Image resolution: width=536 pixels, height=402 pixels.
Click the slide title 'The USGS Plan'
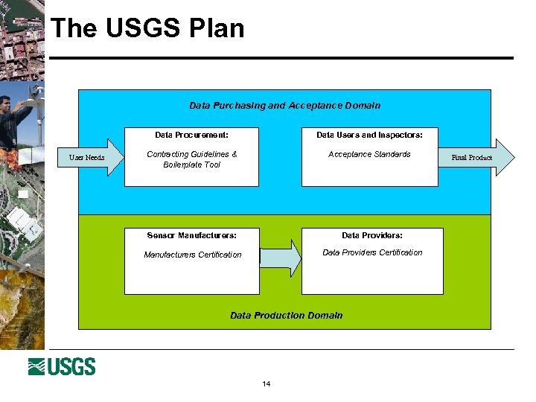coord(147,28)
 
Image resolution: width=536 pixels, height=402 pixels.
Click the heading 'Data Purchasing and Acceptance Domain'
coord(284,106)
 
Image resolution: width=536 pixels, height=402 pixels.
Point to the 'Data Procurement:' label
coord(191,135)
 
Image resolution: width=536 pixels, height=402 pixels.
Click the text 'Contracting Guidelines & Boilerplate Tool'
coord(191,159)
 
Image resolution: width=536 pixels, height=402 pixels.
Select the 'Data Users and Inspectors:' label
coord(369,135)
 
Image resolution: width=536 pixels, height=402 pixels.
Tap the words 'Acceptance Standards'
coord(369,154)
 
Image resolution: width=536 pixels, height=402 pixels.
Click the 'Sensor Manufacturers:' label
coord(191,235)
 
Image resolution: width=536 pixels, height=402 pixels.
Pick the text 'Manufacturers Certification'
coord(193,255)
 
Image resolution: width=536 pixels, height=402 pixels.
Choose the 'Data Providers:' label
coord(372,235)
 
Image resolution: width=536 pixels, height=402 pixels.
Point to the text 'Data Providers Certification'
coord(372,252)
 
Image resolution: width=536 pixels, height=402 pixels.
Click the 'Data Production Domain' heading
coord(287,316)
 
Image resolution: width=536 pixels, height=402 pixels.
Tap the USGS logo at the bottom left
coord(62,366)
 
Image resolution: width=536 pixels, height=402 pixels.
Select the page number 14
coord(267,384)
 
